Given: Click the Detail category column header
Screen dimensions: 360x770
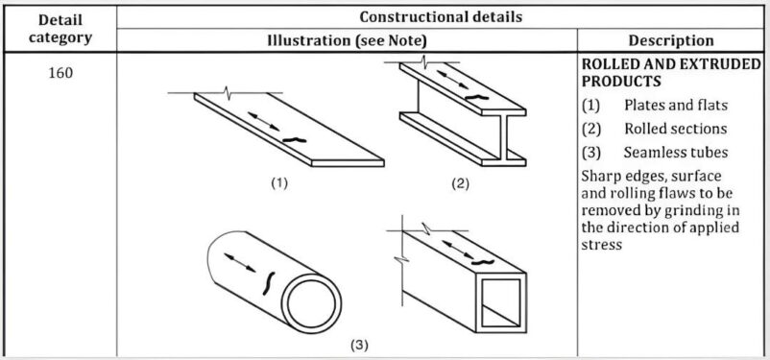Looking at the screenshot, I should tap(60, 28).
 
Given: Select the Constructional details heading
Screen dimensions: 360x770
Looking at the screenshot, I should tap(442, 16).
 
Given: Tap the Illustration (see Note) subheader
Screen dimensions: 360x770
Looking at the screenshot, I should tap(347, 40).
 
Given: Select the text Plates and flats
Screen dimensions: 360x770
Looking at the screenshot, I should tap(675, 105).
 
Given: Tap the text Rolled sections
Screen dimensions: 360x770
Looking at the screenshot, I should tap(675, 129).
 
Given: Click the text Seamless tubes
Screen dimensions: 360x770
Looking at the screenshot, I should tap(675, 153).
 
